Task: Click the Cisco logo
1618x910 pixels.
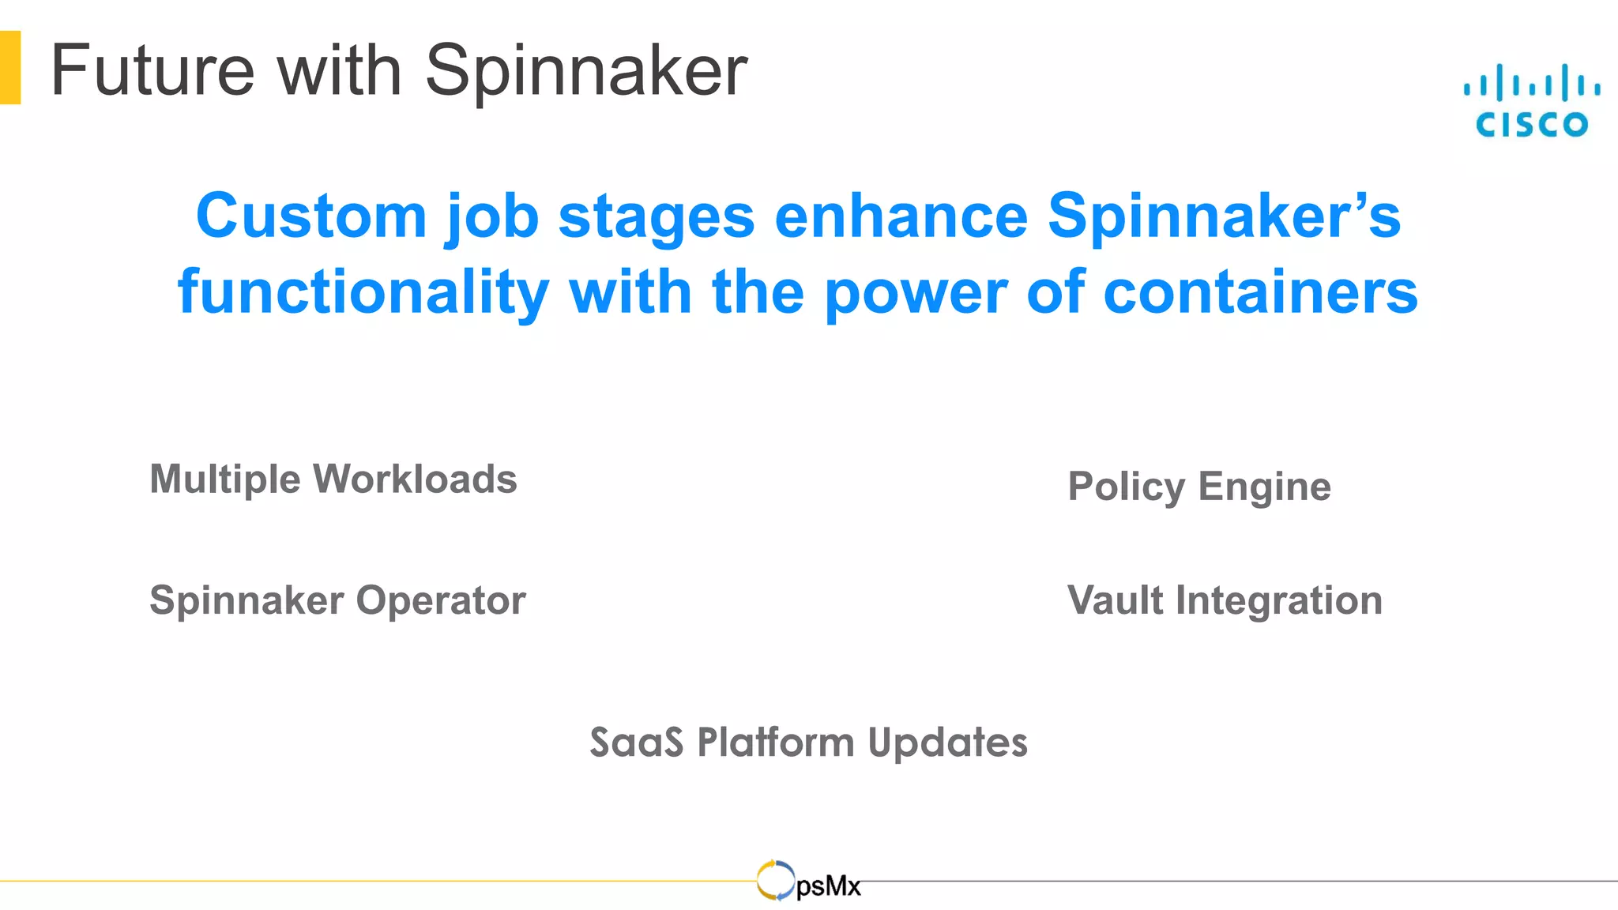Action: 1531,101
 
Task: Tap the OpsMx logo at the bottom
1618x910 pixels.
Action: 808,882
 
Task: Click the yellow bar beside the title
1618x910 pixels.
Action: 10,67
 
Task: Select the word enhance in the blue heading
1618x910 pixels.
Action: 901,216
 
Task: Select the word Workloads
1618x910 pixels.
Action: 415,479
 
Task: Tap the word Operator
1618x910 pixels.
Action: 441,600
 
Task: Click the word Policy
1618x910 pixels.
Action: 1126,487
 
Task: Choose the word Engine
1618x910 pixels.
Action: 1264,487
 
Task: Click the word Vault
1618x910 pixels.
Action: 1114,600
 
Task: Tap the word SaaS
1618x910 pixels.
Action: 636,743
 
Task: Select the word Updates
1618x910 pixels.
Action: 947,743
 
